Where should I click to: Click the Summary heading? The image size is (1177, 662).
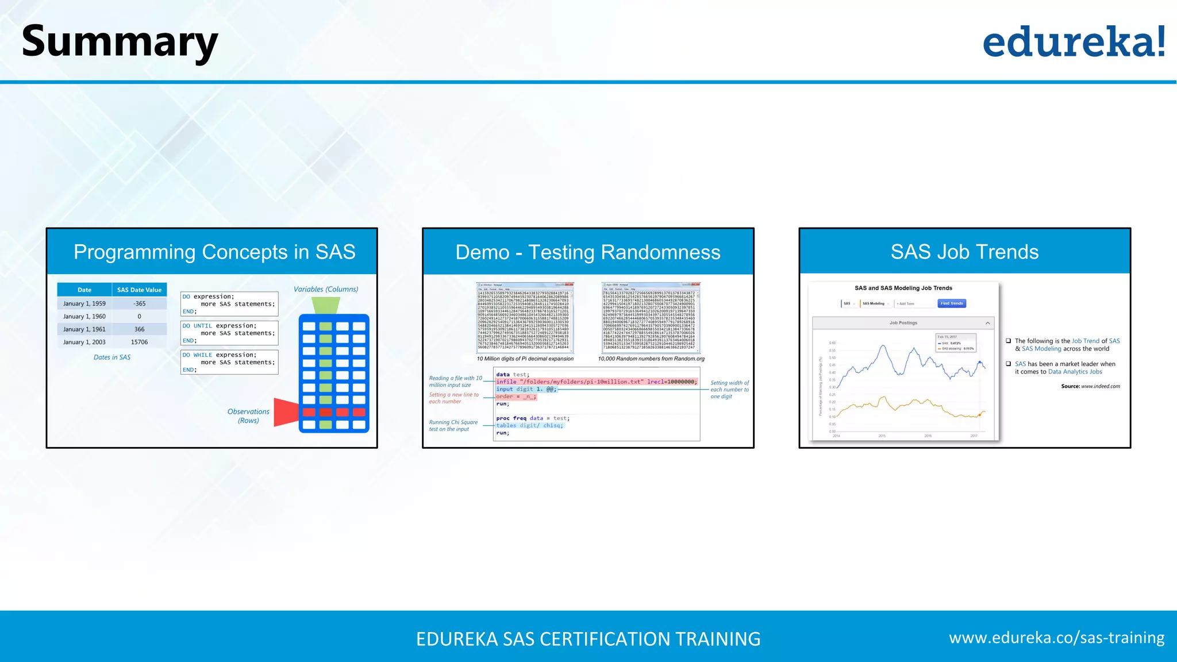tap(120, 41)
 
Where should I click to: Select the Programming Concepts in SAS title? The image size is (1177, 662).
tap(214, 252)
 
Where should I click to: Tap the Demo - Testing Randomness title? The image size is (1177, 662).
tap(587, 252)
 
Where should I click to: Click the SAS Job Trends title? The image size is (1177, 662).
tap(964, 252)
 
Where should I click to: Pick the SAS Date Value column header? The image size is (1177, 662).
tap(139, 290)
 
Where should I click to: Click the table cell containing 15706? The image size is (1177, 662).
tap(139, 342)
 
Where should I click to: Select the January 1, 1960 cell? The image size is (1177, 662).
tap(84, 317)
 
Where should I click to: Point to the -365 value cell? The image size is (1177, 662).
tap(139, 303)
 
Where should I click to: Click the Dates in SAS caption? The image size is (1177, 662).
tap(112, 357)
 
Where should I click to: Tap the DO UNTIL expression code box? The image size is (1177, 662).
tap(229, 333)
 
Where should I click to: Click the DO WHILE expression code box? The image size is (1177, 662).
tap(229, 362)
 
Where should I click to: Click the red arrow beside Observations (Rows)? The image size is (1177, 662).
tap(286, 412)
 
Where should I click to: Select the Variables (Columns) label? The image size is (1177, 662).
tap(326, 289)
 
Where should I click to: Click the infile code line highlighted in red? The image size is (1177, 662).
tap(596, 382)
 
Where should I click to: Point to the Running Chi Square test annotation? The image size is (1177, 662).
tap(453, 426)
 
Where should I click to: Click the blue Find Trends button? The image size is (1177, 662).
tap(952, 303)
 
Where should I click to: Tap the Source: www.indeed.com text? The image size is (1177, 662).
tap(1090, 386)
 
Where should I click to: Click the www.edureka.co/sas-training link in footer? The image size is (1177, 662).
tap(1056, 638)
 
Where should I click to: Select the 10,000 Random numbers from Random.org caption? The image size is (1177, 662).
tap(651, 359)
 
